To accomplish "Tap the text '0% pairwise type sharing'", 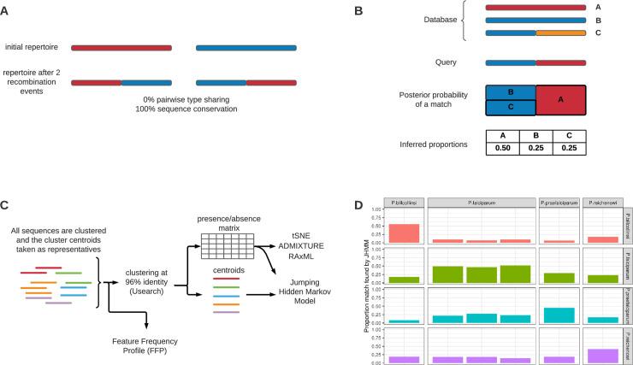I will pos(189,99).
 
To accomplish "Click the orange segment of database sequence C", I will pos(560,33).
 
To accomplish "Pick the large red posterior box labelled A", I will pos(560,99).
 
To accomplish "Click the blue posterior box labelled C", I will pos(511,108).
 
